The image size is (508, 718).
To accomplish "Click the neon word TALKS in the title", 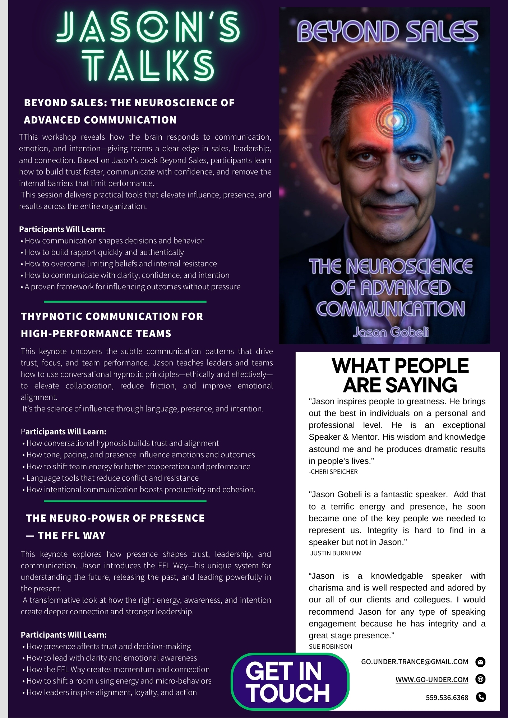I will [x=148, y=65].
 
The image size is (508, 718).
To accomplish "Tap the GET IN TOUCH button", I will [x=290, y=682].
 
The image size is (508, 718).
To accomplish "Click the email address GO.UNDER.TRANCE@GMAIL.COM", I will [x=415, y=662].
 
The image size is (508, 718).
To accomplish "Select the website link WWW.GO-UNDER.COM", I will [x=432, y=679].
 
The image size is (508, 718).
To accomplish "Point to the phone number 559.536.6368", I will [x=447, y=698].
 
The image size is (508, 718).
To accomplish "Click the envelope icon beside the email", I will [x=480, y=662].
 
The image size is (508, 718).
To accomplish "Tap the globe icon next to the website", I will [x=480, y=679].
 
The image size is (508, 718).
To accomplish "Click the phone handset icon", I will [x=481, y=697].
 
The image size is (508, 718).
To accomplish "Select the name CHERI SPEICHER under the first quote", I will [x=334, y=472].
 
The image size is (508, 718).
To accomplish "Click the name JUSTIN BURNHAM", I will [x=336, y=553].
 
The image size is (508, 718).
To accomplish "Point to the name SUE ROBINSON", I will [x=330, y=646].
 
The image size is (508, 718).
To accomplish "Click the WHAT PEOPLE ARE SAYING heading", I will [x=400, y=375].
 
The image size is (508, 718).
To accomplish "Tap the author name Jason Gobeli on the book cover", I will [x=391, y=332].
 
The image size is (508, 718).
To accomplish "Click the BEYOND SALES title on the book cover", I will [x=387, y=31].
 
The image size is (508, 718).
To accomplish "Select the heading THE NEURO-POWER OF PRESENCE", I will [x=115, y=518].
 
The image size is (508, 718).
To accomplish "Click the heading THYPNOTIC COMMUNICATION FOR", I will [x=112, y=316].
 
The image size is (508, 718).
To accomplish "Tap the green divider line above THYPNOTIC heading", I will [x=125, y=302].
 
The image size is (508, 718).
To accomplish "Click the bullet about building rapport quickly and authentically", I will [x=104, y=252].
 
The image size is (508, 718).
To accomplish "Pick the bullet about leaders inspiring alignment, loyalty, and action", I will [x=111, y=692].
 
